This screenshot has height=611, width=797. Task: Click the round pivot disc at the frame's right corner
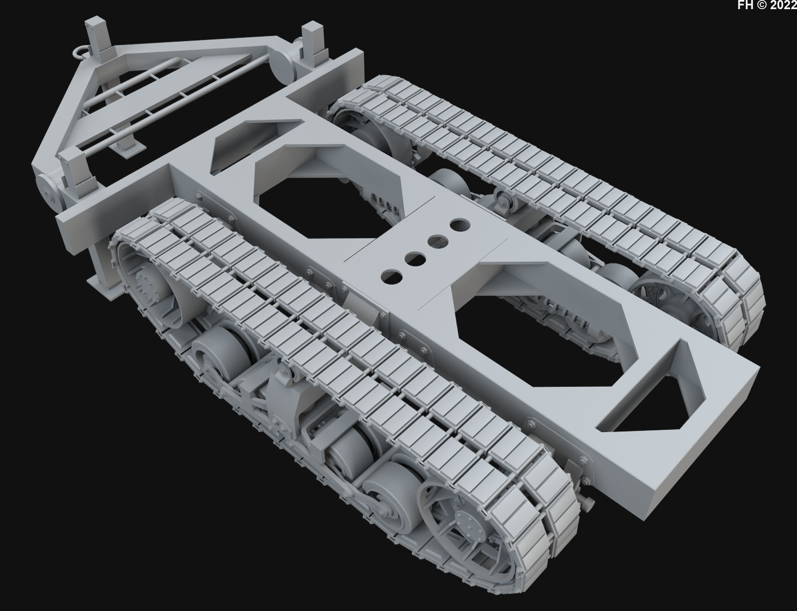[283, 66]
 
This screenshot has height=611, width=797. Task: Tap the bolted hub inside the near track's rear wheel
[146, 286]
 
